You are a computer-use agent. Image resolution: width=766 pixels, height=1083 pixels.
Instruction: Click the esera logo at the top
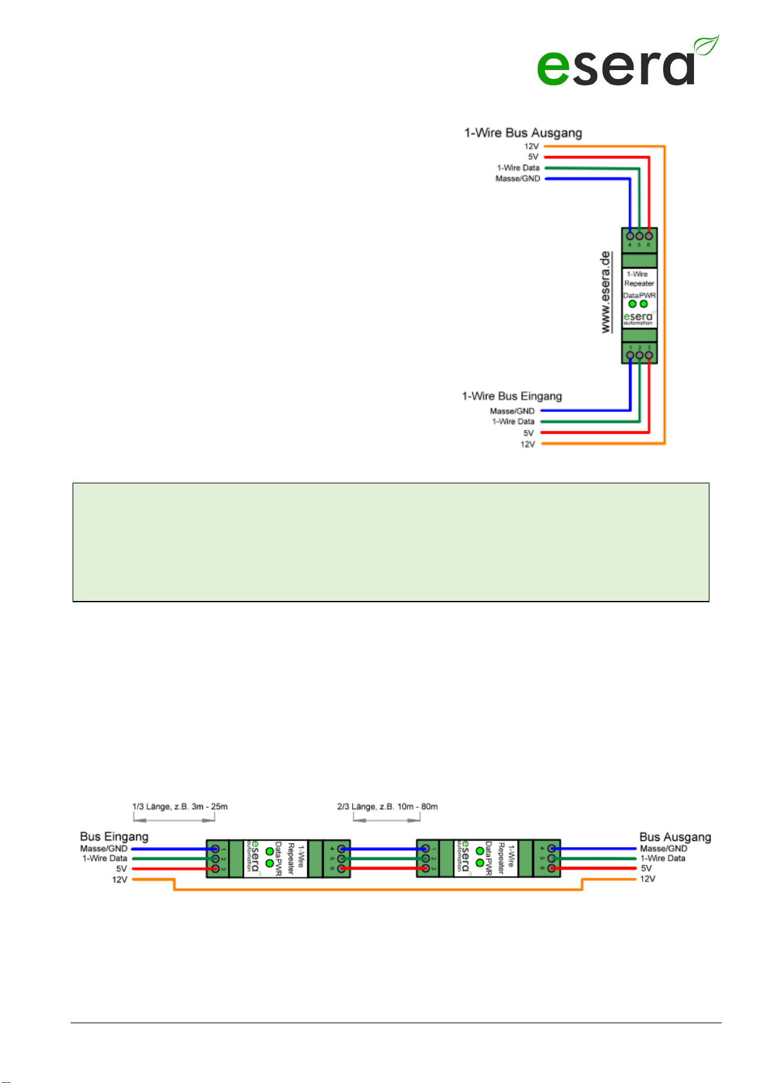coord(627,62)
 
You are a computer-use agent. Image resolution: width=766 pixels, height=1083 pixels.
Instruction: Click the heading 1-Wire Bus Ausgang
coord(523,133)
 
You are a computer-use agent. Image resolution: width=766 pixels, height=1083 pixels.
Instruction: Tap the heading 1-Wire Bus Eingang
coord(512,396)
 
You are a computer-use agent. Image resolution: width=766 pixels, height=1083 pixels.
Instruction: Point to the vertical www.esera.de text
coord(605,292)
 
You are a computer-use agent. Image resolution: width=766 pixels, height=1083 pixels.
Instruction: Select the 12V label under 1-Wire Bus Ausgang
coord(531,147)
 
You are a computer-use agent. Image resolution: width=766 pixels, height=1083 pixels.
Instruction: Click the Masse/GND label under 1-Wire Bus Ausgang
coord(517,179)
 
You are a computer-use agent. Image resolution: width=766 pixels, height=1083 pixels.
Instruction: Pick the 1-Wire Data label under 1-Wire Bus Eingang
coord(513,422)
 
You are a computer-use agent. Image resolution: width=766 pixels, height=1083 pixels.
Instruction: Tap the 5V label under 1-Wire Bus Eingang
coord(528,433)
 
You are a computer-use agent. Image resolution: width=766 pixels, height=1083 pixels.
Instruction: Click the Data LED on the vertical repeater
coord(632,304)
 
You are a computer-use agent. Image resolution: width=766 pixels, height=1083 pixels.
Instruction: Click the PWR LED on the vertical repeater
coord(644,304)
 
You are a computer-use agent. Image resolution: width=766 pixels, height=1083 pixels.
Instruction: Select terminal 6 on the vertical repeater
coord(649,236)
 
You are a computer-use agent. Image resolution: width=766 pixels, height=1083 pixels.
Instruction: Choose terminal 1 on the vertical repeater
coord(630,355)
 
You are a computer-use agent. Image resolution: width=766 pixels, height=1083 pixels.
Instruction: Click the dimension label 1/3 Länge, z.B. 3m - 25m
coord(180,807)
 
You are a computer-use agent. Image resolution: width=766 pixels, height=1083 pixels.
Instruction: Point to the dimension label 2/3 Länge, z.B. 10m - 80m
coord(387,807)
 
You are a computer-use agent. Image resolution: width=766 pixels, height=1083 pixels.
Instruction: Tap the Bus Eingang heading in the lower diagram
coord(114,836)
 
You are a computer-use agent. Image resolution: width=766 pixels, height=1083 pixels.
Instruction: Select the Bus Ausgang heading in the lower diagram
coord(675,837)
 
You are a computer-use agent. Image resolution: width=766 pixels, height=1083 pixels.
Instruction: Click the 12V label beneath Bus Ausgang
coord(647,879)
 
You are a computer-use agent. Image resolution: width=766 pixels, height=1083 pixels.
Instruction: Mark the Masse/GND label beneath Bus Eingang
coord(103,848)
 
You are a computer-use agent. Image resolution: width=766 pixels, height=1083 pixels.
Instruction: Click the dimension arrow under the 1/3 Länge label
coord(174,820)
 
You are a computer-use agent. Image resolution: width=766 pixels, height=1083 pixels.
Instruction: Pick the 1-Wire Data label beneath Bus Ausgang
coord(663,858)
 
